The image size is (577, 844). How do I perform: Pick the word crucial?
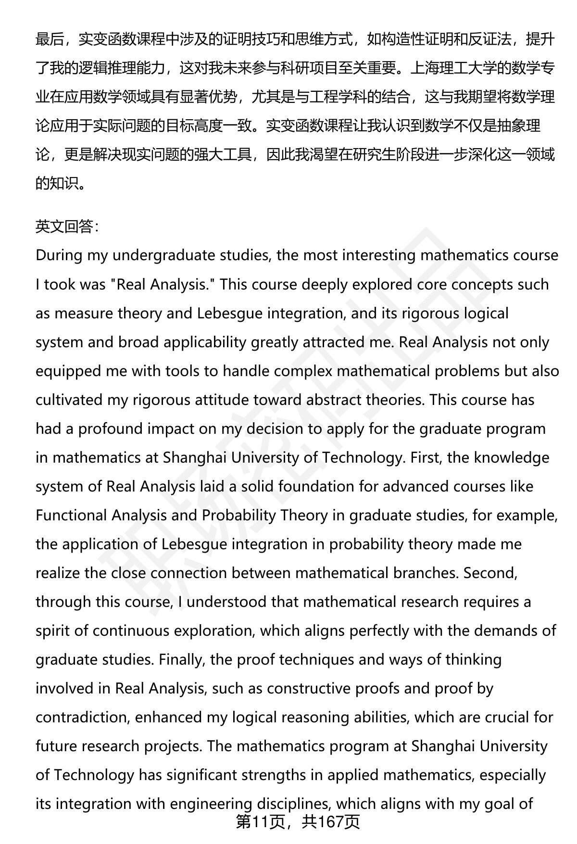(509, 717)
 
